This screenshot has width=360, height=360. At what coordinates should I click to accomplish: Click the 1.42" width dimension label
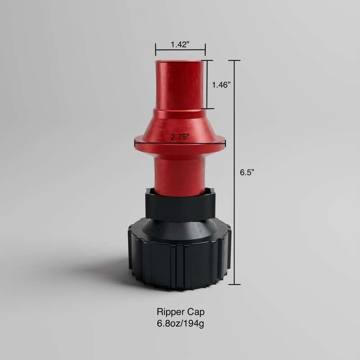pyautogui.click(x=180, y=44)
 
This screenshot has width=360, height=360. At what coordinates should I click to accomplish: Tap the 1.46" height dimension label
pyautogui.click(x=222, y=84)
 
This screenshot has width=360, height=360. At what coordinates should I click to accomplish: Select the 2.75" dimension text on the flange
pyautogui.click(x=180, y=138)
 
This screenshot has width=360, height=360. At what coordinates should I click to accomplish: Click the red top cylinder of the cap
pyautogui.click(x=180, y=85)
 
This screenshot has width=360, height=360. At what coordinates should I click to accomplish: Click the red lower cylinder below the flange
pyautogui.click(x=180, y=171)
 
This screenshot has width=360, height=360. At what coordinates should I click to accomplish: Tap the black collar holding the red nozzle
pyautogui.click(x=180, y=205)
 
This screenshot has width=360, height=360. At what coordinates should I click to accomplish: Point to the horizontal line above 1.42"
pyautogui.click(x=180, y=49)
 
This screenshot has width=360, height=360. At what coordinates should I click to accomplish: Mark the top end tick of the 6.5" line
pyautogui.click(x=234, y=60)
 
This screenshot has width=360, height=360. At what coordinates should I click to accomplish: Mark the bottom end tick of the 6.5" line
pyautogui.click(x=234, y=285)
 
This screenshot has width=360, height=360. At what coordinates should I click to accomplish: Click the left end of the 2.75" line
pyautogui.click(x=135, y=144)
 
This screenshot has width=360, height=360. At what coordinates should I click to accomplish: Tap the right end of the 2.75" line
pyautogui.click(x=225, y=144)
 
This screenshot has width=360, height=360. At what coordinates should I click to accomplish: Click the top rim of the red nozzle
pyautogui.click(x=180, y=61)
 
